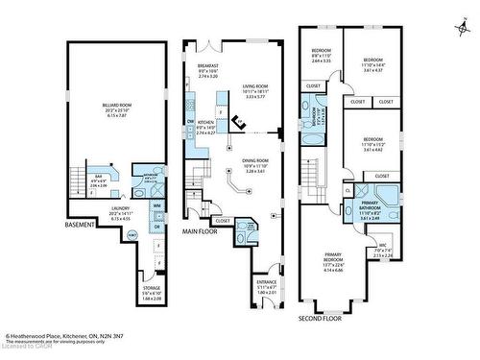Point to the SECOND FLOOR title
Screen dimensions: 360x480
point(323,316)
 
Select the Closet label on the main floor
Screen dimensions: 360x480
point(224,221)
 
